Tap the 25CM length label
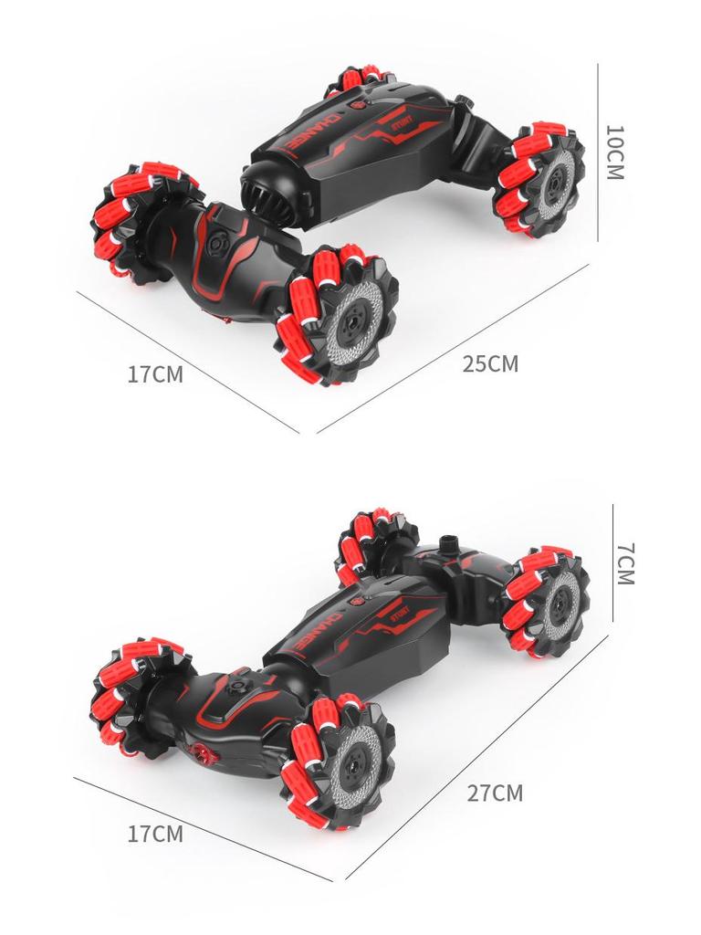point(490,363)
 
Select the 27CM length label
point(496,792)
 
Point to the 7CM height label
point(624,563)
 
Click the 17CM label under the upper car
point(155,374)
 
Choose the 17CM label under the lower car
point(155,833)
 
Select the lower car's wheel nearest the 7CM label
point(548,599)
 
